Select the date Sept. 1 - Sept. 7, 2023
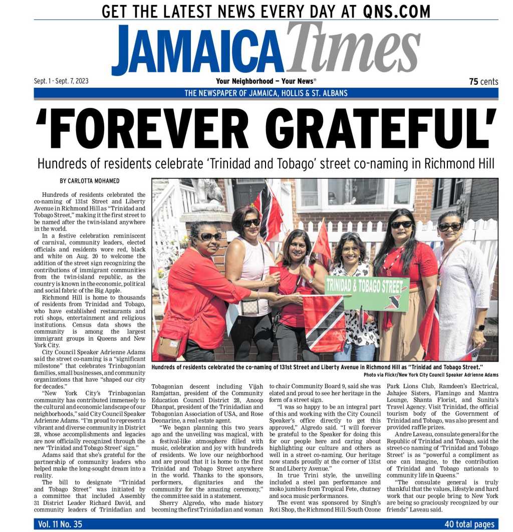click(61, 81)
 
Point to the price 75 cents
click(483, 82)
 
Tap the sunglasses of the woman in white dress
click(449, 226)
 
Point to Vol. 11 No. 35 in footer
click(60, 524)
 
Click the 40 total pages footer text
click(469, 524)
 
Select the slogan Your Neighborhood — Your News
click(266, 81)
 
